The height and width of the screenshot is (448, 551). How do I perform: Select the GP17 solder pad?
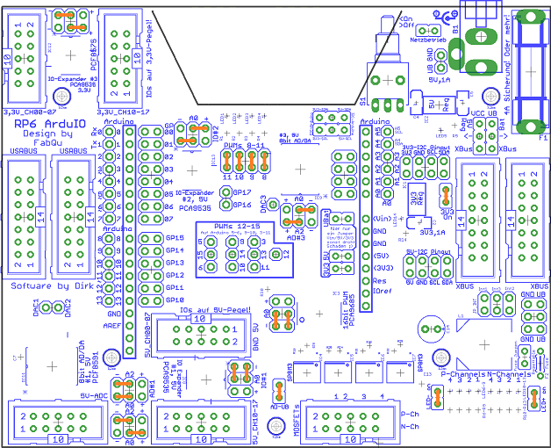225,192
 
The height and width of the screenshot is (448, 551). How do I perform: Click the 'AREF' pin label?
112,325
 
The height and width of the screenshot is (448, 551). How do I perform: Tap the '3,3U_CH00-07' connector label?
30,112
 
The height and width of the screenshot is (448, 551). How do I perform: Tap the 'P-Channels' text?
462,374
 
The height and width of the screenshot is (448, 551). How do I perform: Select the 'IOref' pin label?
383,291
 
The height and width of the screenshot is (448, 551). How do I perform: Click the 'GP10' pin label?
176,300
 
